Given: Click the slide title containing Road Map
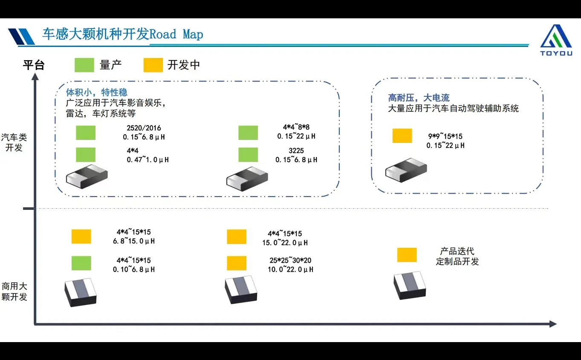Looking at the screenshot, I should point(122,34).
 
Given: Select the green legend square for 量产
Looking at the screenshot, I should point(84,65).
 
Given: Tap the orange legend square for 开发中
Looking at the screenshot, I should point(153,65).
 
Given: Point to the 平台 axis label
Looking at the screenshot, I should point(34,65).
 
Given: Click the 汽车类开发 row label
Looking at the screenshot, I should point(14,142).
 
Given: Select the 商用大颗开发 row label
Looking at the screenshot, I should point(14,291).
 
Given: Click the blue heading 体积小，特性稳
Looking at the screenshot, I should point(96,92).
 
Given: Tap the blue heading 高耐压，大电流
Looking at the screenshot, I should point(419,98).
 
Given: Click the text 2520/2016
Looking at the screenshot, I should point(144,128).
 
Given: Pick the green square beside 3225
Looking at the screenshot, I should point(248,154).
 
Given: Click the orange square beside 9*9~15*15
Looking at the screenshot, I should point(402,136).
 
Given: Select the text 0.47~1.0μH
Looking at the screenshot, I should point(147,160).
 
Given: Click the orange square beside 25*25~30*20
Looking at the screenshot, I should point(237,263).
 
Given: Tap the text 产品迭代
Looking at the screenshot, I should point(457,251).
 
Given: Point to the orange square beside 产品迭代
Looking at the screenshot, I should point(407,255).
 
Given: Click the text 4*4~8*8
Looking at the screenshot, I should point(296,127).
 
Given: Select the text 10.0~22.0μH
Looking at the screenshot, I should point(290,270).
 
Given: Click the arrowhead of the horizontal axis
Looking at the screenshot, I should point(553,324).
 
